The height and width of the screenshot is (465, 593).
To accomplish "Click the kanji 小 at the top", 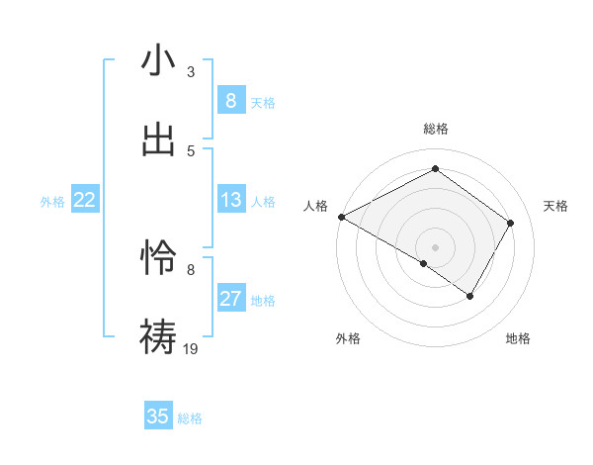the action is tap(157, 60).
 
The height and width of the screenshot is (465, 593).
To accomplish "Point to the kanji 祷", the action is tap(157, 334).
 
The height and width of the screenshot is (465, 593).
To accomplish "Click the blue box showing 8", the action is tap(230, 101).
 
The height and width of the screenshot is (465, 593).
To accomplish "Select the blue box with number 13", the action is tap(230, 201).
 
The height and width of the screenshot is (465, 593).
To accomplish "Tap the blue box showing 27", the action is tap(230, 300).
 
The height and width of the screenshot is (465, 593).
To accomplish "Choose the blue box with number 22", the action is tap(84, 201).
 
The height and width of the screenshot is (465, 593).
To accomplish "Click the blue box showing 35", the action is tap(158, 417).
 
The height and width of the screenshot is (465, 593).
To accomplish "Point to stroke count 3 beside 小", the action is tap(191, 72).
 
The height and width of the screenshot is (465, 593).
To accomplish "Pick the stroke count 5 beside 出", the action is tap(191, 150).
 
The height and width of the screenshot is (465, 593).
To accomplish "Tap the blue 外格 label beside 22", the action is tap(52, 202).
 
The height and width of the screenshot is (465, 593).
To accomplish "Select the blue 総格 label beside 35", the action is tap(190, 418).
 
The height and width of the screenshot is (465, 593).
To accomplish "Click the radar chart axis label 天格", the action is tap(555, 206).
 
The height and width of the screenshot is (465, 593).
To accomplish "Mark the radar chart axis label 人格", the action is tap(315, 206).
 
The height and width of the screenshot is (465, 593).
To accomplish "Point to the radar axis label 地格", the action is tap(518, 338).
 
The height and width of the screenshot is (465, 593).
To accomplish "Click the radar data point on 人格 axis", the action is tap(341, 217).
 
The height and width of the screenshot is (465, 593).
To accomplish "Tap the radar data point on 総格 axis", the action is tap(435, 169).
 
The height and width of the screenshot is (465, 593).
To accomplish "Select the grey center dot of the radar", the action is tap(435, 246).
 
